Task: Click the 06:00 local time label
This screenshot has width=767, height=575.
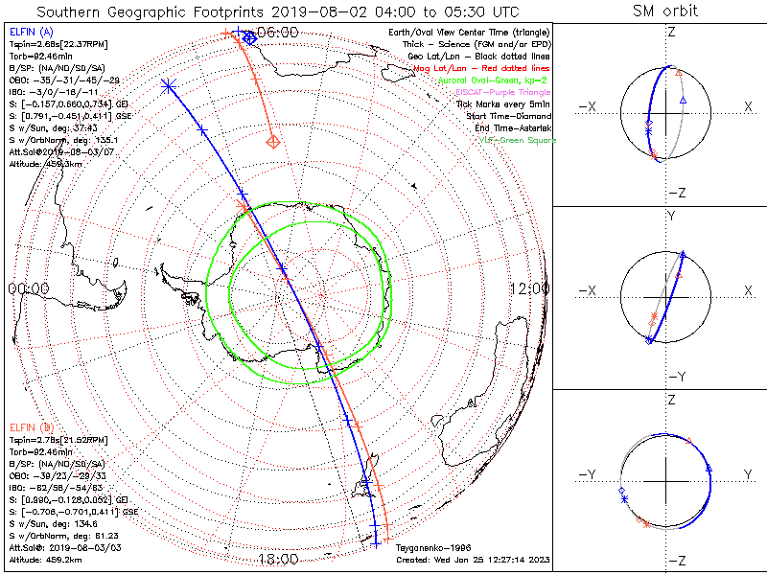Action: coord(278,32)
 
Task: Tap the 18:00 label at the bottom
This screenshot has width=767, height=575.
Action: coord(278,559)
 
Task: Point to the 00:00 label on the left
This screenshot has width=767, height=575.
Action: coord(29,288)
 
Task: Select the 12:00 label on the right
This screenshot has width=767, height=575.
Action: coord(528,288)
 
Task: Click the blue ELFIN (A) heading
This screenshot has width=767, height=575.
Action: coord(34,33)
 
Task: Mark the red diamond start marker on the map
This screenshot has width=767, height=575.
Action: coord(273,142)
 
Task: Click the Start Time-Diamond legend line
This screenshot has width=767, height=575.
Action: coord(507,116)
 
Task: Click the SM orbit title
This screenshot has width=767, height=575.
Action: coord(665,11)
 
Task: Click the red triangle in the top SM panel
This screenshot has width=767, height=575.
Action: coord(679,73)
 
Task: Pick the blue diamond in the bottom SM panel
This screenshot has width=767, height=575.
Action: coord(621,491)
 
